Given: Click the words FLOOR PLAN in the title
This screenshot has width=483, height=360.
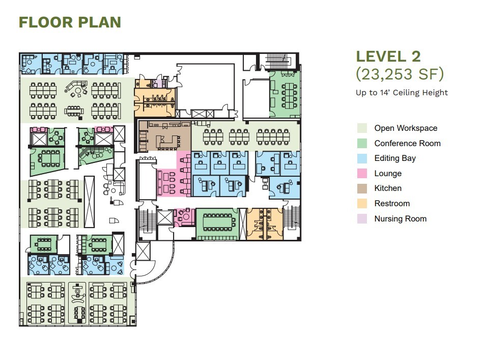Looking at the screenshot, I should [x=70, y=22].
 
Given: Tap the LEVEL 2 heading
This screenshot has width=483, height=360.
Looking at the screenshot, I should [x=388, y=57].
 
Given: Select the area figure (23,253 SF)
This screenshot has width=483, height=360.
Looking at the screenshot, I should [x=400, y=74].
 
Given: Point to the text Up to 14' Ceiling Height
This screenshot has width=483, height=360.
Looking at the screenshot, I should [x=402, y=92].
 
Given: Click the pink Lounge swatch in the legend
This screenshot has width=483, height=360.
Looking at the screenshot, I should [x=362, y=173].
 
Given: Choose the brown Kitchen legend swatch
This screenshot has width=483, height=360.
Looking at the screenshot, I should [x=362, y=188].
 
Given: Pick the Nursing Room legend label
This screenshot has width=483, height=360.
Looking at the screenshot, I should [x=400, y=218].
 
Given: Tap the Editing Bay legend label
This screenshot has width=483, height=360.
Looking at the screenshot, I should [x=395, y=158].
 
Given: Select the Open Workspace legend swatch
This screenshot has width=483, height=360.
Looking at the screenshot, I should [x=362, y=128].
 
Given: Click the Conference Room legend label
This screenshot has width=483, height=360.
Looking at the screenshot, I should [x=407, y=143].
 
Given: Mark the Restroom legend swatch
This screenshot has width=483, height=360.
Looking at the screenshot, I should [x=362, y=203].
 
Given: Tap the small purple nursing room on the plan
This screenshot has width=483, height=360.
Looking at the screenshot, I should [x=159, y=82].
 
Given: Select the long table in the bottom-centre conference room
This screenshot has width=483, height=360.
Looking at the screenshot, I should [x=217, y=222].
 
